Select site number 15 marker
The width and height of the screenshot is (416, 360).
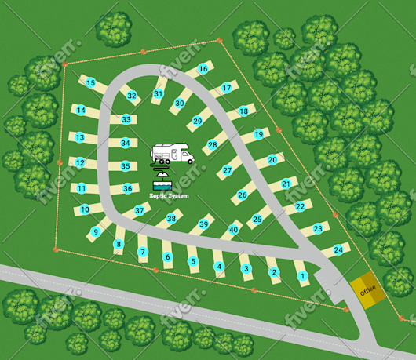91,82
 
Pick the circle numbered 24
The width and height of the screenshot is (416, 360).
338,249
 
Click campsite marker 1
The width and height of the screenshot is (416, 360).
302,275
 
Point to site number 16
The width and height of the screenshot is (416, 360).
203,69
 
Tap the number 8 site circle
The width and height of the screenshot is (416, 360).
119,245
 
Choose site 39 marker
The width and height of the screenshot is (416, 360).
203,225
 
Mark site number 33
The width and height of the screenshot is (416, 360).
126,119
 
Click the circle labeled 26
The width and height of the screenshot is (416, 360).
243,195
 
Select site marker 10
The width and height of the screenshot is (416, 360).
85,209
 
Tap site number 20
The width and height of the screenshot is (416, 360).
272,159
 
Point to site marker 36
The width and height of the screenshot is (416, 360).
127,188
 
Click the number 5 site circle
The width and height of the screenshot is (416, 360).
193,261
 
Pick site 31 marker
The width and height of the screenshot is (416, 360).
159,94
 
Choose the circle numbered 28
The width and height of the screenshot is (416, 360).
212,144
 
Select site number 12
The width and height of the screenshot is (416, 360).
80,163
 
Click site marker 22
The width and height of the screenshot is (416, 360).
300,207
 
